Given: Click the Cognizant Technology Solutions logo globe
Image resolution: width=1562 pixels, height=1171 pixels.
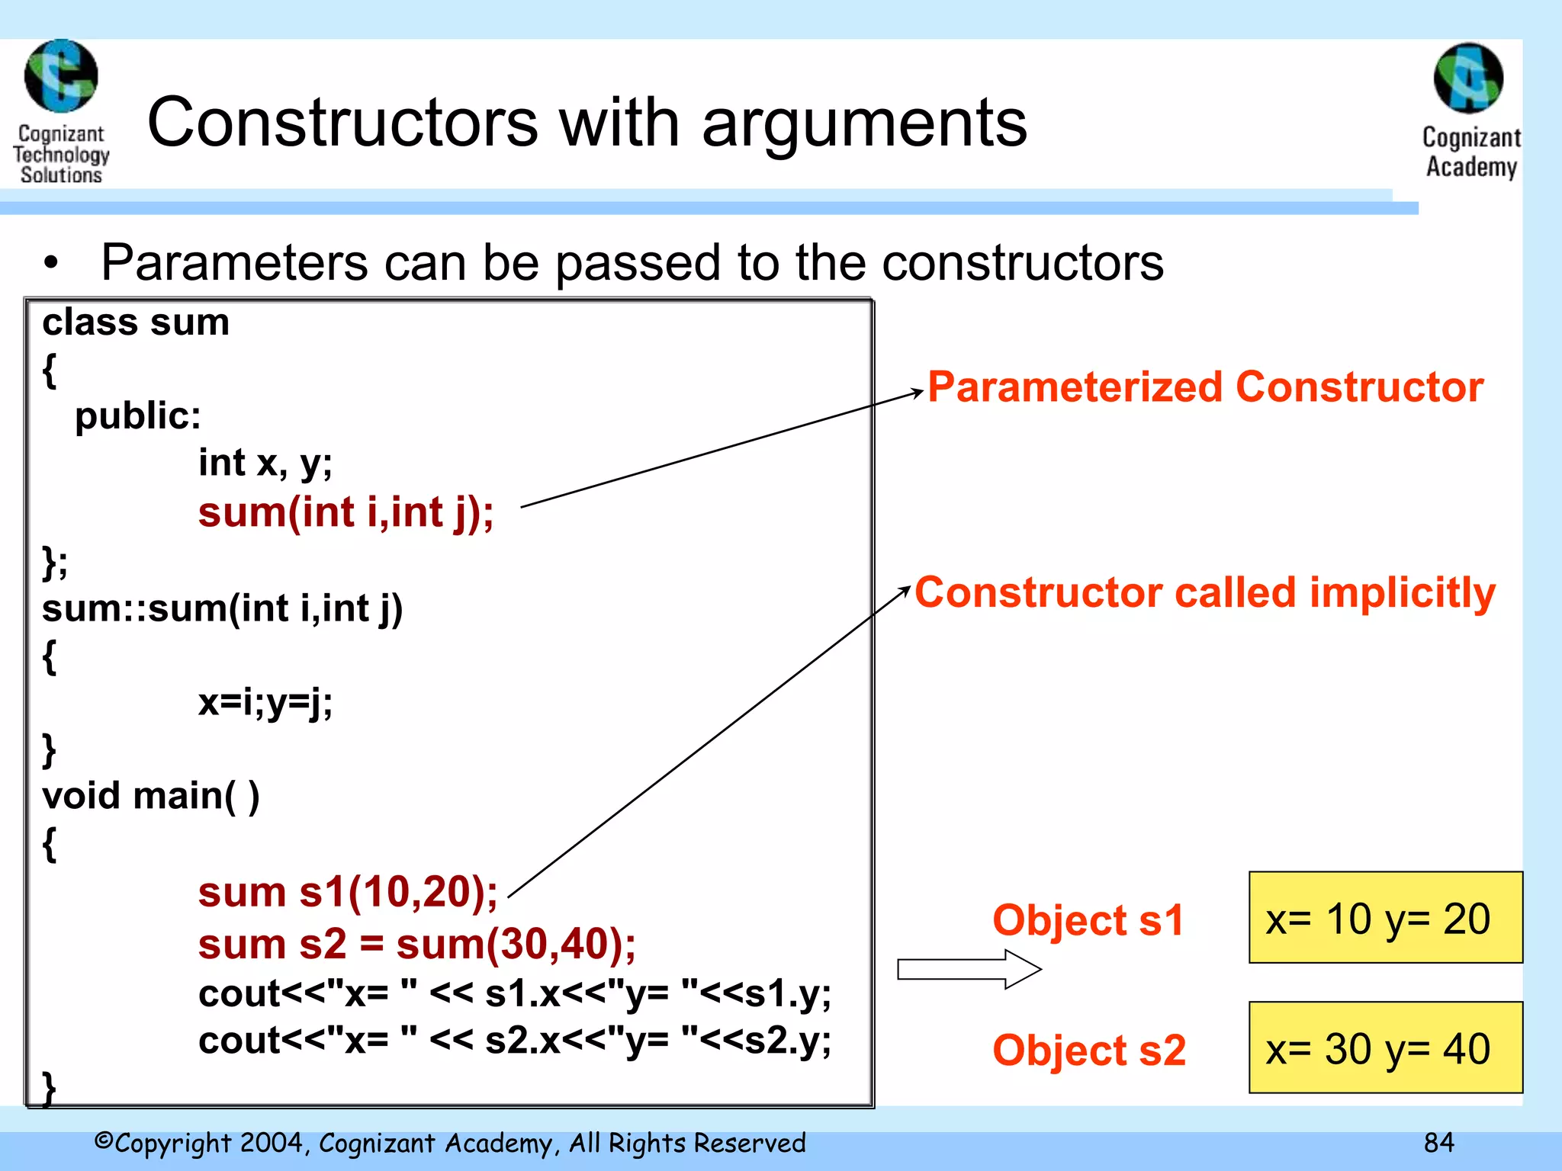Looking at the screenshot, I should point(61,76).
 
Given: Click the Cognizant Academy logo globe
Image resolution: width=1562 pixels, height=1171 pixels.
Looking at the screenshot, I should point(1468,79).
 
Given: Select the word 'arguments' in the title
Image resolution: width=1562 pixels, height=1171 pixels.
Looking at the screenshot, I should point(864,123).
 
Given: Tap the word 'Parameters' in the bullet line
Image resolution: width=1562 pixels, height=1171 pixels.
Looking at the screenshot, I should point(235,262).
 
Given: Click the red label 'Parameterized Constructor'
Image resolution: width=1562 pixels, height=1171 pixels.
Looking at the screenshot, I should point(1205,387).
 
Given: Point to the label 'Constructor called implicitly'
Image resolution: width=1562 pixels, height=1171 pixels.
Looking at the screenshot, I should point(1205,592).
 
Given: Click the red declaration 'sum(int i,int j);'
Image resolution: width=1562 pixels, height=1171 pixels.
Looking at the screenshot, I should point(346,512).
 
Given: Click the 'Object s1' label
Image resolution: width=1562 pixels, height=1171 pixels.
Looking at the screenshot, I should point(1088,919).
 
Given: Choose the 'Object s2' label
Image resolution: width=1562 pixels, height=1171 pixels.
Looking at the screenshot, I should point(1089,1050).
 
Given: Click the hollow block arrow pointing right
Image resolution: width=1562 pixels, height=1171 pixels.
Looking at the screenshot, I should point(969,969).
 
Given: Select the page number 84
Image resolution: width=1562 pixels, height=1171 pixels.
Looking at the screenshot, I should point(1438,1143).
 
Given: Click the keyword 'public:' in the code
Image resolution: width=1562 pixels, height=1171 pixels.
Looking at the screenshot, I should point(138,416).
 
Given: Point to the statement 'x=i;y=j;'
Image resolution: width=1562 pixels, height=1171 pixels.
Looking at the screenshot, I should point(265,702).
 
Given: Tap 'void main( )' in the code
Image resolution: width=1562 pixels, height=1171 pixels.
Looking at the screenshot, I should point(151,796).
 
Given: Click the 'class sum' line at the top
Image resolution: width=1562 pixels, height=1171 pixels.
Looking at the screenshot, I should point(136,322).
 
